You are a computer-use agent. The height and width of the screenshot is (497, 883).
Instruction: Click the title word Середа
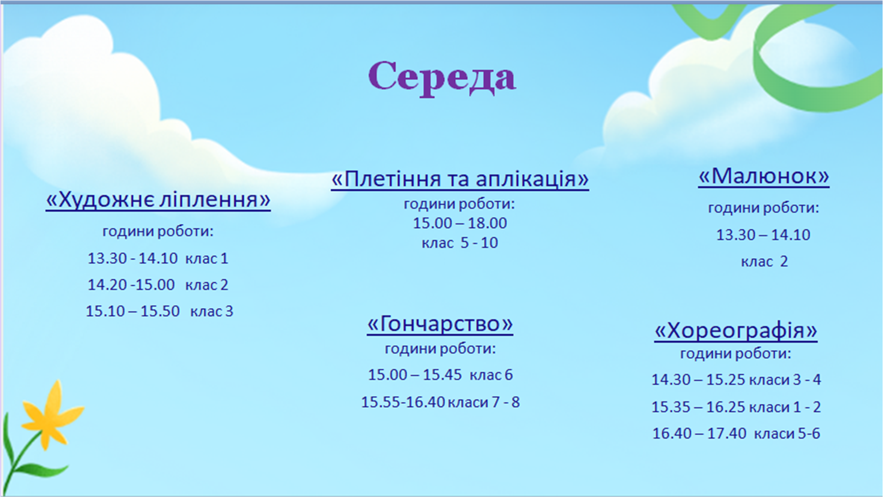[x=442, y=78]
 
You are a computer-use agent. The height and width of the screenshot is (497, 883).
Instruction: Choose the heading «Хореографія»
[x=736, y=330]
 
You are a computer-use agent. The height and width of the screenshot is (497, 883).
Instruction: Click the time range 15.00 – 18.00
[x=460, y=223]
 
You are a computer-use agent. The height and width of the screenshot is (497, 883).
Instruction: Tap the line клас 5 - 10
[x=460, y=243]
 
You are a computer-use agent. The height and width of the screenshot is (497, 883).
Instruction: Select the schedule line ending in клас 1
[x=158, y=258]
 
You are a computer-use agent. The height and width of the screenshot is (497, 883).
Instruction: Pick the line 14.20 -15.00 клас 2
[x=158, y=284]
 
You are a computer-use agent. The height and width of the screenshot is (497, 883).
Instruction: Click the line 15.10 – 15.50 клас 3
[x=159, y=311]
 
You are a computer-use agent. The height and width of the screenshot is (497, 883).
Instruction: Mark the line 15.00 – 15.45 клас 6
[x=440, y=374]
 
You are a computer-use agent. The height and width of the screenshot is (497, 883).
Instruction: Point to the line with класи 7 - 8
[x=440, y=402]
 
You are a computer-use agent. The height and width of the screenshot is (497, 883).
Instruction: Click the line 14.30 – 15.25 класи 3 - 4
[x=736, y=379]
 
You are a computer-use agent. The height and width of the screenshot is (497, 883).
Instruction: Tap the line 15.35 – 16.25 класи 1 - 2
[x=736, y=407]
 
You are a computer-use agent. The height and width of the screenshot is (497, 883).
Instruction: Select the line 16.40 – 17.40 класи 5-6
[x=736, y=433]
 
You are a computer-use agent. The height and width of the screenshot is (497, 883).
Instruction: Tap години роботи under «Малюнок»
[x=763, y=208]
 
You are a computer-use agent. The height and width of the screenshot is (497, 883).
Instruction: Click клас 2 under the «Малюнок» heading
[x=764, y=262]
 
